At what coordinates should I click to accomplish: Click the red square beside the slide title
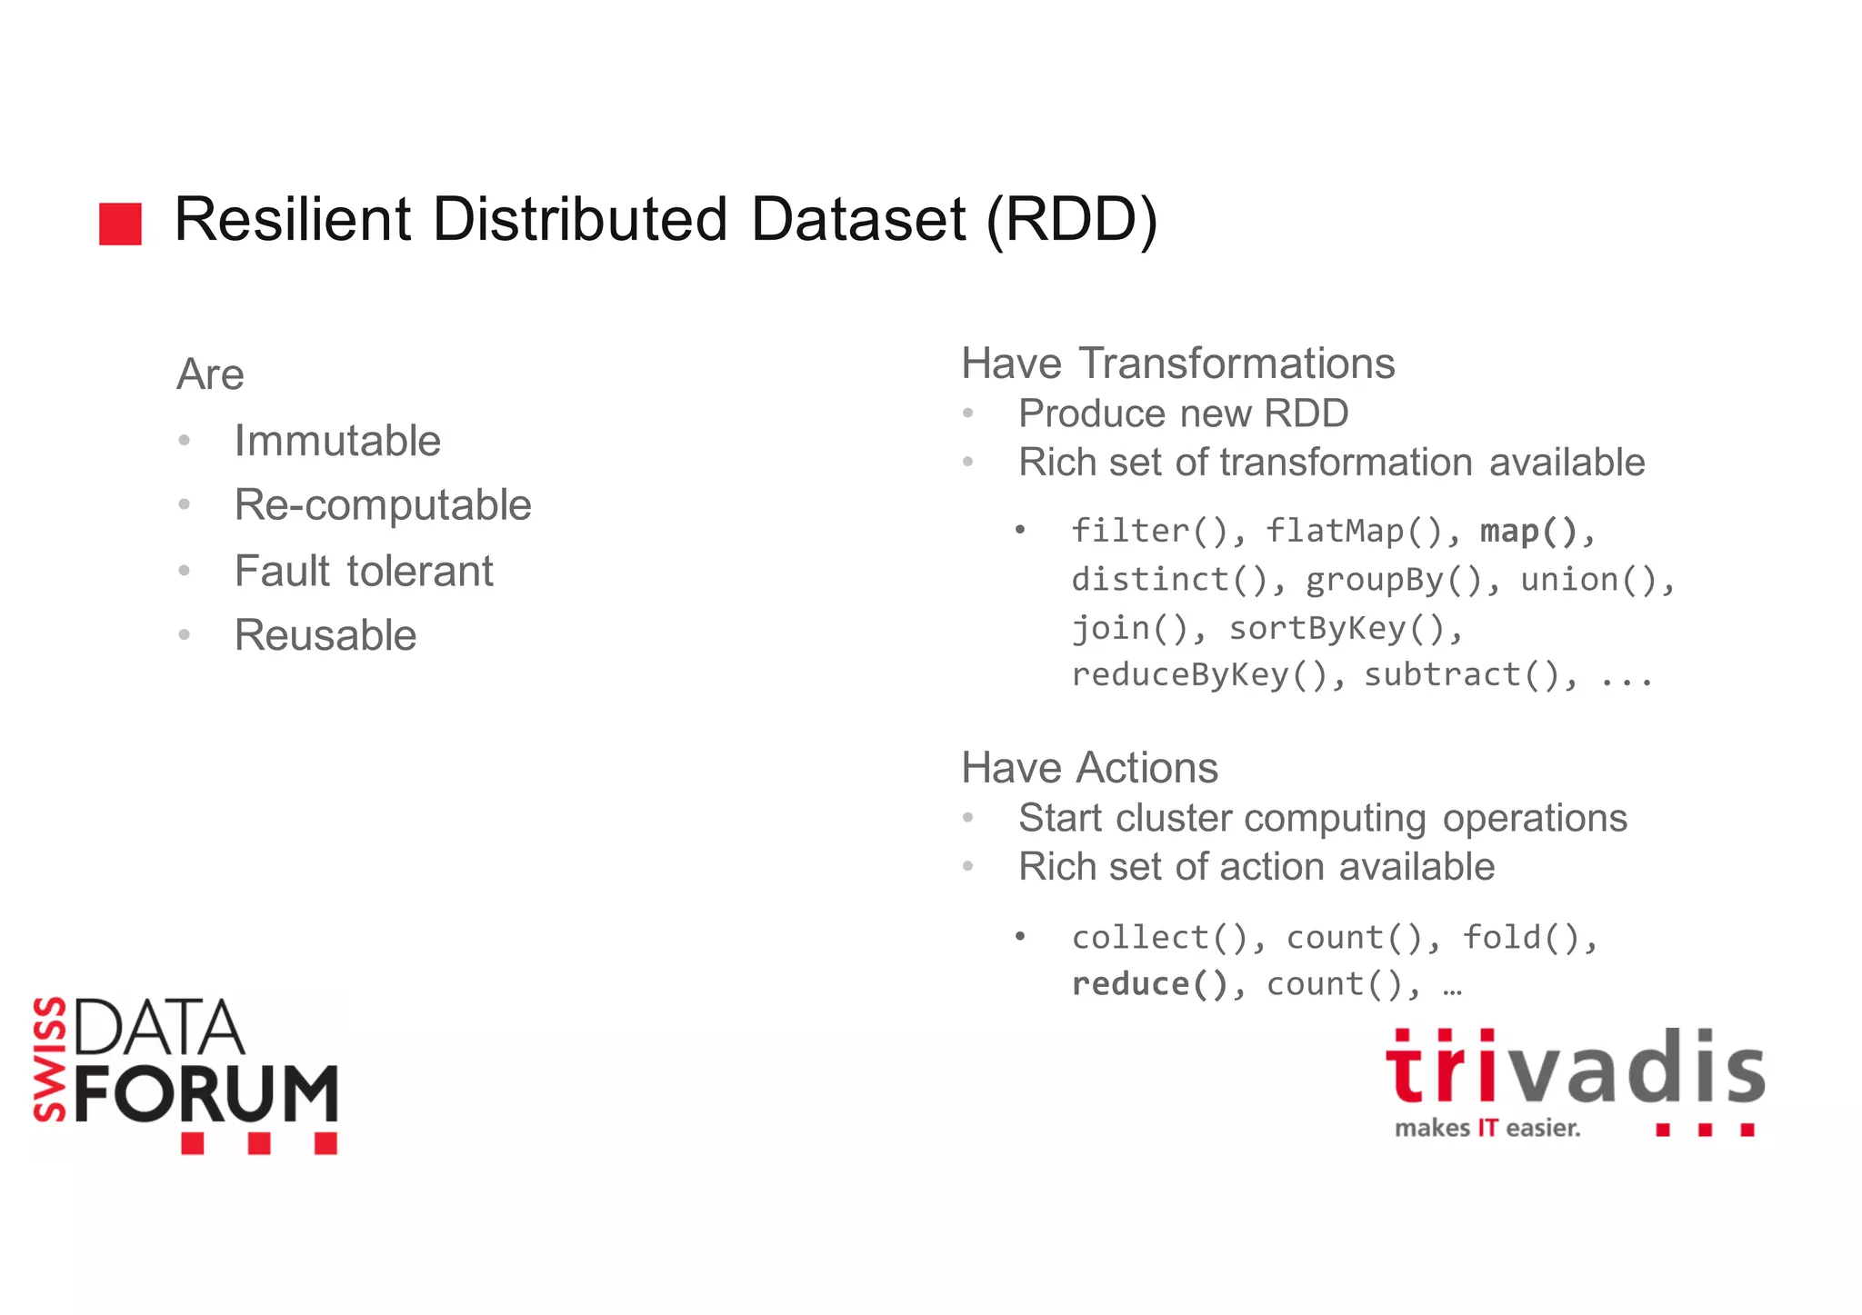[120, 224]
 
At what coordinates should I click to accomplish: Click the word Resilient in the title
[292, 220]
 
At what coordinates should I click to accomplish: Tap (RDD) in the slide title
[1072, 220]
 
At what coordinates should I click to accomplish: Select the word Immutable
[337, 441]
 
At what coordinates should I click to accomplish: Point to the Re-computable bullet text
[383, 505]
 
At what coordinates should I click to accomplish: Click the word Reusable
[325, 635]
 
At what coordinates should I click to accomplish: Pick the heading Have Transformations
[1177, 364]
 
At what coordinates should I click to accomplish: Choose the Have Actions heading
[1089, 768]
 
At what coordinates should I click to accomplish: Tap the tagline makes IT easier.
[1487, 1129]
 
